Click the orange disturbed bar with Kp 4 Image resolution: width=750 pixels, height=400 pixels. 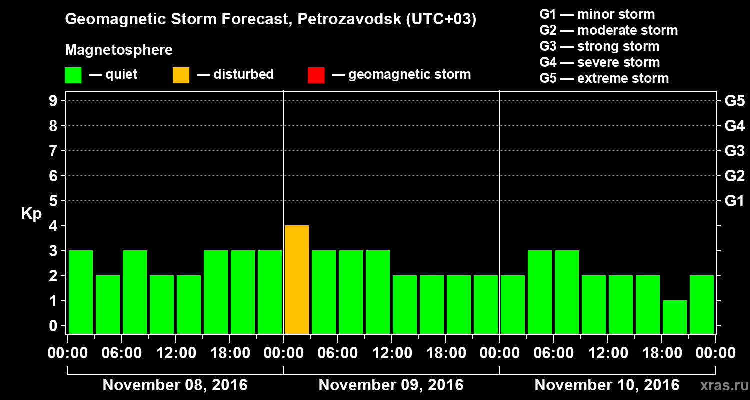pos(297,279)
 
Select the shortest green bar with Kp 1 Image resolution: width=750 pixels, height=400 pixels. pos(675,317)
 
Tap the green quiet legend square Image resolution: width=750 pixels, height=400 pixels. pos(73,75)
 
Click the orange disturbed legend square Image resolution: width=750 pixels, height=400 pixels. pos(181,75)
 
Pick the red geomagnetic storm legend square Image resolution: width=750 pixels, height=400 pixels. pos(316,75)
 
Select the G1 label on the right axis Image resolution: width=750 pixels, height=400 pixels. pos(734,201)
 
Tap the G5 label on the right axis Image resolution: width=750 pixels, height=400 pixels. pos(734,101)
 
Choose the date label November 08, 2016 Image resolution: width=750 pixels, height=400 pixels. pos(175,385)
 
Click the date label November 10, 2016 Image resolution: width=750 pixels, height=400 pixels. pos(607,385)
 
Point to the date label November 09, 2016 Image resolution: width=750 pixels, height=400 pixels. pos(391,385)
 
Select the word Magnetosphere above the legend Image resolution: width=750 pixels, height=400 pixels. pos(119,50)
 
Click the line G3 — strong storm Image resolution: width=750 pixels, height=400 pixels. pos(599,46)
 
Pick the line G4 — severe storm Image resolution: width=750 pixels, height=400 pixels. pos(600,62)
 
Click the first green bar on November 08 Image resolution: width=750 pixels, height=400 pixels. pos(81,292)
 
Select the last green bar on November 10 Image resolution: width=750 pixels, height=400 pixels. pos(702,304)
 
